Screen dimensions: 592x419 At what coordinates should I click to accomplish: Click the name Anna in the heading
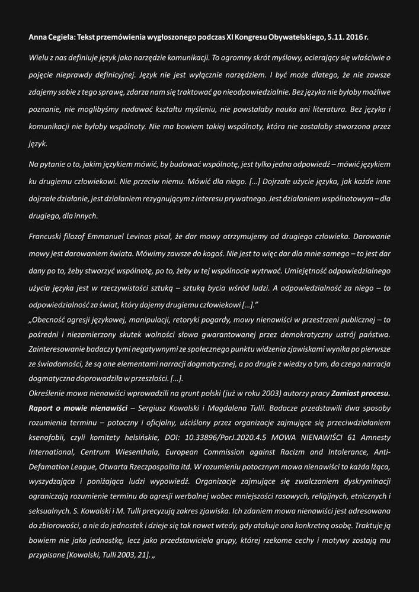click(38, 37)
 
